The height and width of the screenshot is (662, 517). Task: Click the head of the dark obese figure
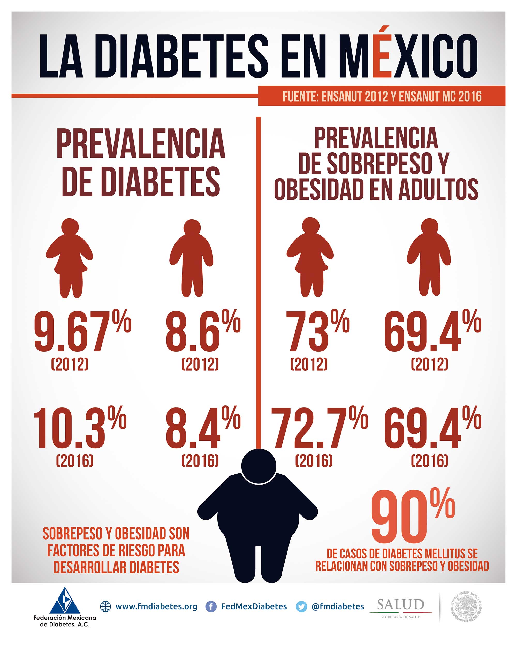pyautogui.click(x=259, y=466)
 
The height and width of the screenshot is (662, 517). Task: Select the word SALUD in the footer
pyautogui.click(x=401, y=605)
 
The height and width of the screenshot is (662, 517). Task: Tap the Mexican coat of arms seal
pyautogui.click(x=466, y=606)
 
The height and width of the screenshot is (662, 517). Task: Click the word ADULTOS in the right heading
pyautogui.click(x=438, y=189)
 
